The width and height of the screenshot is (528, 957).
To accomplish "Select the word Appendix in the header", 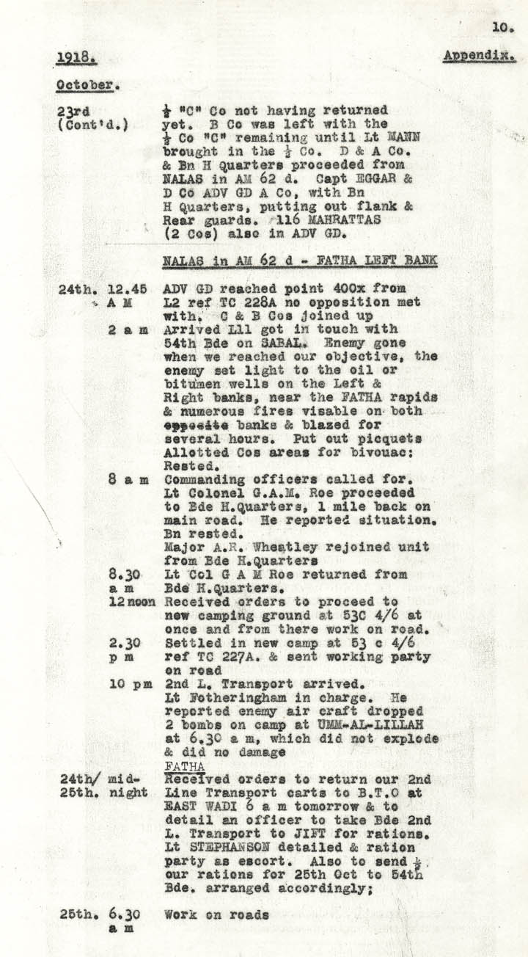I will pos(478,57).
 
